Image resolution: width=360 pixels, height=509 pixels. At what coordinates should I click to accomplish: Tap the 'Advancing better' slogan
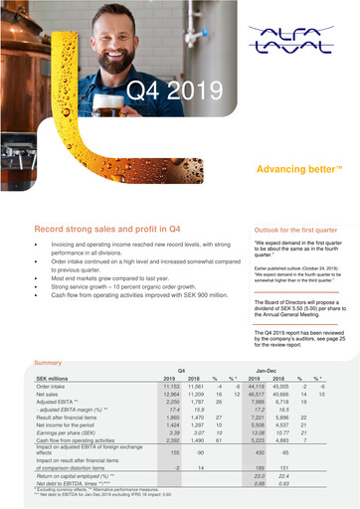coord(293,170)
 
